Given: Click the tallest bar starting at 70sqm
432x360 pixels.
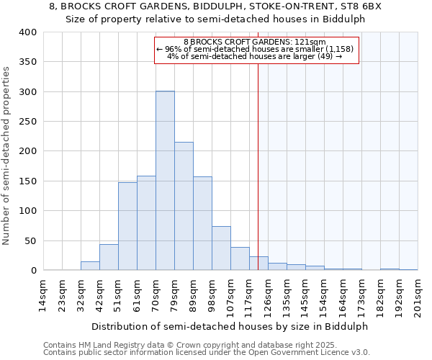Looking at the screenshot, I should [x=165, y=181].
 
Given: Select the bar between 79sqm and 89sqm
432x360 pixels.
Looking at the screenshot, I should [x=184, y=206].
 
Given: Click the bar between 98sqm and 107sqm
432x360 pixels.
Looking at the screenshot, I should [x=221, y=248].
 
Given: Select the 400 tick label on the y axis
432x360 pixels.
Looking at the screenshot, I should [x=27, y=32].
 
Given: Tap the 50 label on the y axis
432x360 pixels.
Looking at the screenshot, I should [x=30, y=240].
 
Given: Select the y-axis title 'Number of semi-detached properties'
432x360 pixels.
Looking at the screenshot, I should [x=7, y=156].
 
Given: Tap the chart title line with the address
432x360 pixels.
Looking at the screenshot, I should [x=216, y=6].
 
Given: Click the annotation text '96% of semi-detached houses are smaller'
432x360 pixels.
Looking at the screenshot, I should [x=256, y=49].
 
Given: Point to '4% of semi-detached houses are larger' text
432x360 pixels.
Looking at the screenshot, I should [x=254, y=56].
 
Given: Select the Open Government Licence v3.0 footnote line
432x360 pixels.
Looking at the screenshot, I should [x=207, y=352].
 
